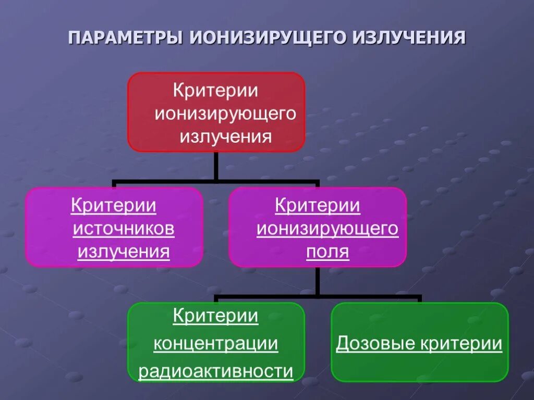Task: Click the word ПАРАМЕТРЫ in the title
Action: pyautogui.click(x=126, y=39)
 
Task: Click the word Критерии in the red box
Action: pyautogui.click(x=216, y=90)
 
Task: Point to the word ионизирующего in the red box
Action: pyautogui.click(x=225, y=114)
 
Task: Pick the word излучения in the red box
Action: pyautogui.click(x=226, y=136)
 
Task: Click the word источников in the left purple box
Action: pyautogui.click(x=124, y=229)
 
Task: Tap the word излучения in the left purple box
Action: pyautogui.click(x=124, y=252)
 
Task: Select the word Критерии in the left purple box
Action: pyautogui.click(x=114, y=205)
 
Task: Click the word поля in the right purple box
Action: pyautogui.click(x=327, y=252)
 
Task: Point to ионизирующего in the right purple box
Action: pyautogui.click(x=327, y=229)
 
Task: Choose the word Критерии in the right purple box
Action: pyautogui.click(x=318, y=205)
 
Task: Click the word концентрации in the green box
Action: pyautogui.click(x=215, y=344)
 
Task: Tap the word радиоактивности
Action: pyautogui.click(x=215, y=371)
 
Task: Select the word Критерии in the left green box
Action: pyautogui.click(x=215, y=316)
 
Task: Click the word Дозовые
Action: pyautogui.click(x=376, y=344)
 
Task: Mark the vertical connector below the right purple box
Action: pyautogui.click(x=317, y=281)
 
